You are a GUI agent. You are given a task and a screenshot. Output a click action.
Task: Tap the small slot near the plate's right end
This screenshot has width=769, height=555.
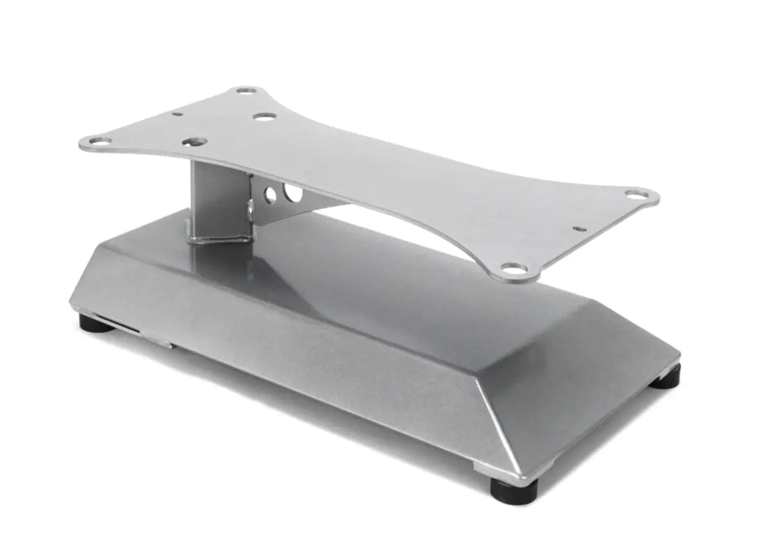(580, 228)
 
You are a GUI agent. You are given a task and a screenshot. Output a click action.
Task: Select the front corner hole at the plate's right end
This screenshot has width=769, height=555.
(514, 268)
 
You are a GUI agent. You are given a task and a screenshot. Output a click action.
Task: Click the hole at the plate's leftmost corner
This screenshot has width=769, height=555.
(99, 141)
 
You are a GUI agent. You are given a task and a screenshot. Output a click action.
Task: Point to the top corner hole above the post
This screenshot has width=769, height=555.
(246, 90)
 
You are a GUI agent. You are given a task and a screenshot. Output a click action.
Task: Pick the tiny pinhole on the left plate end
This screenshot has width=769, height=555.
(178, 114)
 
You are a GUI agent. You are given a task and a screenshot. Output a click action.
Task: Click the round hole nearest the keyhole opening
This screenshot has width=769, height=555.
(264, 117)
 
